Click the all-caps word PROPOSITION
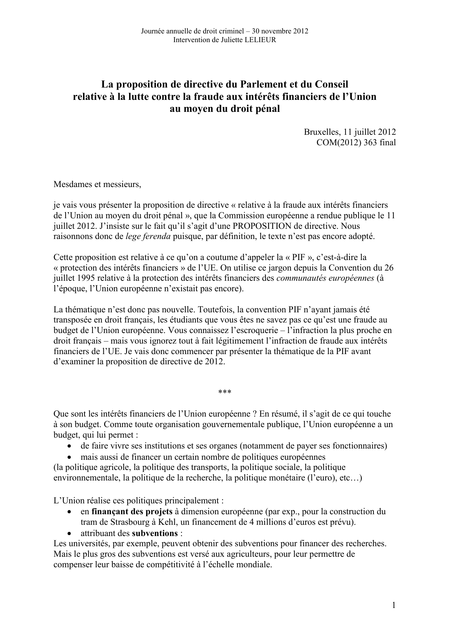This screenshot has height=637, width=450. tap(262, 226)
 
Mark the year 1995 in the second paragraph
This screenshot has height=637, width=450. tap(86, 279)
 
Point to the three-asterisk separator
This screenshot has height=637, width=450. tap(225, 392)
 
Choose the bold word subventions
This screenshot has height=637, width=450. tap(154, 533)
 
